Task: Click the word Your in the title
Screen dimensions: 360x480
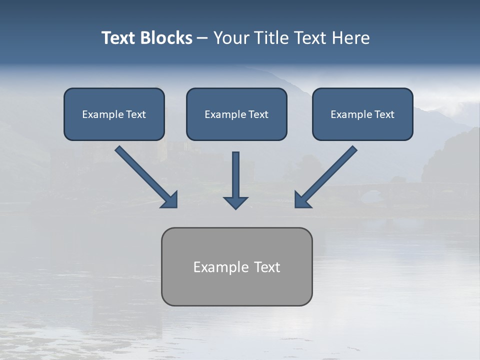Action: pyautogui.click(x=231, y=38)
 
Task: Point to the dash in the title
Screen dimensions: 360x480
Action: pyautogui.click(x=202, y=38)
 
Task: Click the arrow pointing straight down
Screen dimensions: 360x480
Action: pyautogui.click(x=235, y=175)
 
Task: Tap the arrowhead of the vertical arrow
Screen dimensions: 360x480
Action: pyautogui.click(x=235, y=203)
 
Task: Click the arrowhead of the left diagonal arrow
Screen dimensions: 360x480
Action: pyautogui.click(x=170, y=199)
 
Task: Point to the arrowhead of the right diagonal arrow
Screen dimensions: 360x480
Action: pyautogui.click(x=302, y=199)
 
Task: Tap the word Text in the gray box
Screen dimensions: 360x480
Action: pyautogui.click(x=267, y=267)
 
